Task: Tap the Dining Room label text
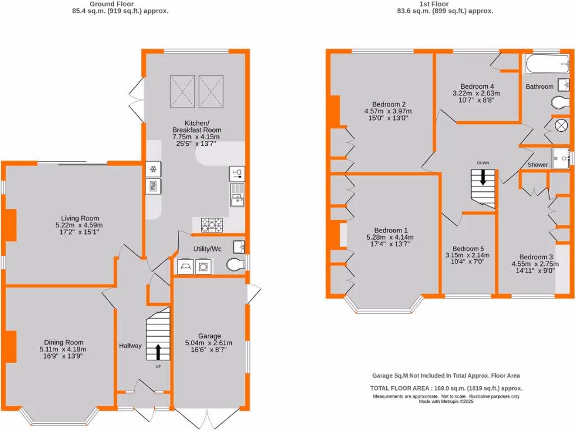64,342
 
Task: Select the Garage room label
209,336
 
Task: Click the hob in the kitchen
212,224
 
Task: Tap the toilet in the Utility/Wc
236,264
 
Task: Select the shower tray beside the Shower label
560,157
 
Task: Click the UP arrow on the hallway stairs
157,352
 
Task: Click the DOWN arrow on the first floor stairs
483,178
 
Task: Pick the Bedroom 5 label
468,249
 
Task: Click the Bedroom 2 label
389,104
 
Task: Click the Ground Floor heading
120,3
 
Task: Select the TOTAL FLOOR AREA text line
446,388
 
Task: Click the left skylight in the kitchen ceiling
182,90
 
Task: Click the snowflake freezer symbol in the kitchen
152,169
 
